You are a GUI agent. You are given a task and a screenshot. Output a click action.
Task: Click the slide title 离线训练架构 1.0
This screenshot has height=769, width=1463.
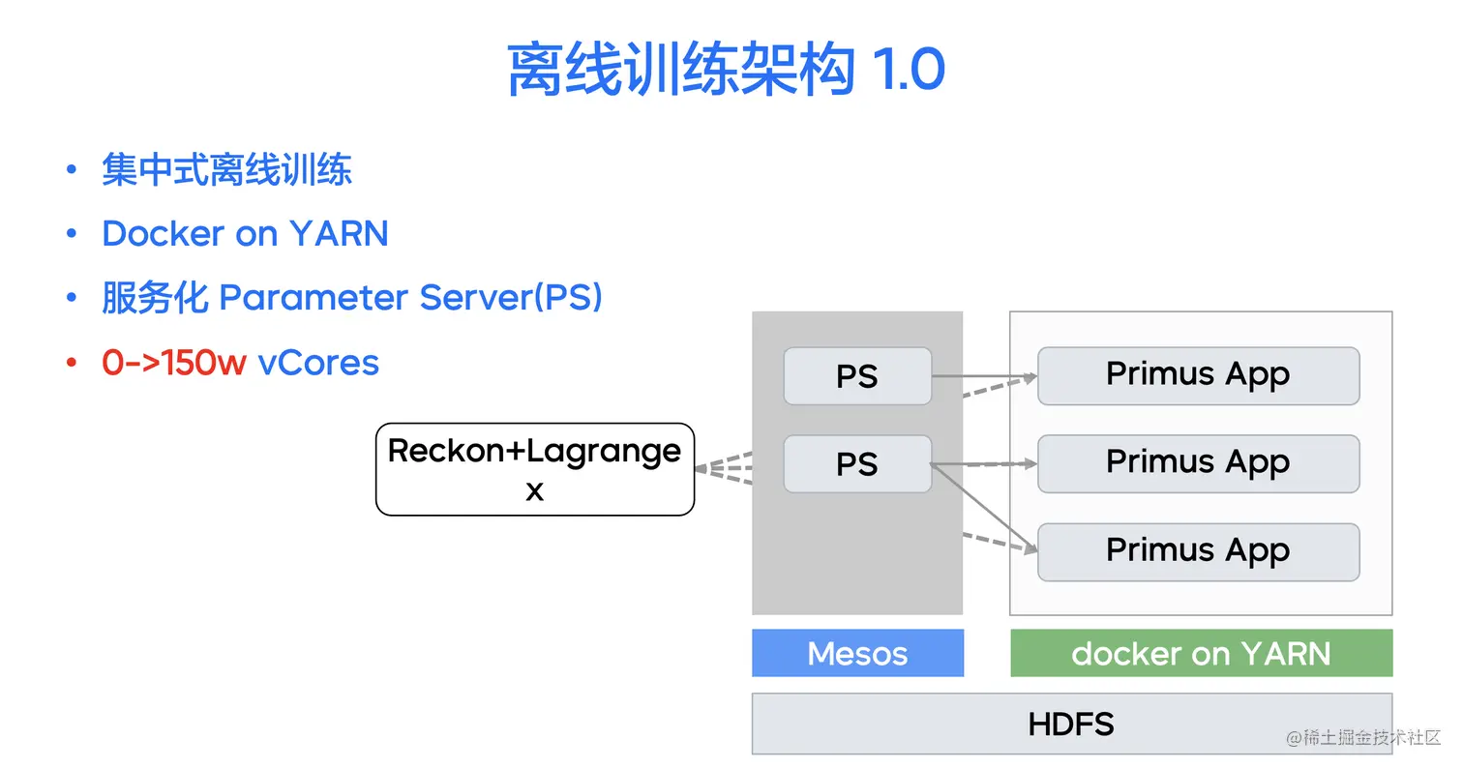point(726,69)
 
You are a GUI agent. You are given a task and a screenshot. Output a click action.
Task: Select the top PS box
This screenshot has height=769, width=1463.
point(857,376)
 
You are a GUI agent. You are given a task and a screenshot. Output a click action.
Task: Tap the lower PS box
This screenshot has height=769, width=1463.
point(857,463)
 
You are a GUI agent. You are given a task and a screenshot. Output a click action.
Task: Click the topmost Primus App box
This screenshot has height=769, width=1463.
point(1199,376)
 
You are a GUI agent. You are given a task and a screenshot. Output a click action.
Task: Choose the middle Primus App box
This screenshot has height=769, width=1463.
point(1199,463)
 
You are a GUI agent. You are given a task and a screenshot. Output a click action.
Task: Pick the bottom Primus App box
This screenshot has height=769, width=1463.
point(1199,551)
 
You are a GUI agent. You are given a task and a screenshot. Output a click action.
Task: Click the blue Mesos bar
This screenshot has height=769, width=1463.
point(857,653)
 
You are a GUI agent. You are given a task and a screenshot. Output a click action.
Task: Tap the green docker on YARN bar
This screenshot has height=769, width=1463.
point(1201,653)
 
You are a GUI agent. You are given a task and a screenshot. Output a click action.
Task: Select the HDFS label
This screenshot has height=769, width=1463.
point(1071,724)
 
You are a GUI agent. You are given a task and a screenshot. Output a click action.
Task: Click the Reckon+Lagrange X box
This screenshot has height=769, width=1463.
point(535,469)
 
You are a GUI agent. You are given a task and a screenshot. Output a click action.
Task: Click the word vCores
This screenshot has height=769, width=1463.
point(318,363)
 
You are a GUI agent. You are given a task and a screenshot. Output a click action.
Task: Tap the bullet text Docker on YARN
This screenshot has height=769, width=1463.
point(245,233)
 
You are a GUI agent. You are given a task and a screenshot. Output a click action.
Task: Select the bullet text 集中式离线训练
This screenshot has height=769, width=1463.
point(226,169)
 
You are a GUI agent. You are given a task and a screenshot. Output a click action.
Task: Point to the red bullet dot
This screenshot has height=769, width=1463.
point(72,363)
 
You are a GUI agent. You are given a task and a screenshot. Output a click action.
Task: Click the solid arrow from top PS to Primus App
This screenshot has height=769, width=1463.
point(985,376)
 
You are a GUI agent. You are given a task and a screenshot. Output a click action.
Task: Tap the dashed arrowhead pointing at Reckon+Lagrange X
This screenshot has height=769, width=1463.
point(702,468)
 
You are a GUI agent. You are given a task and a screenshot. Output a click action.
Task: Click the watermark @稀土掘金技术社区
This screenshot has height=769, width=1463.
point(1363,738)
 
